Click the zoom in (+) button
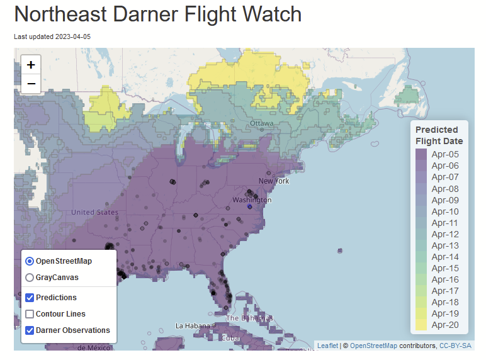[x=31, y=64]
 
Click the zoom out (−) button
[x=31, y=84]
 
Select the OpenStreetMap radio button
[x=30, y=261]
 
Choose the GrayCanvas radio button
[x=30, y=277]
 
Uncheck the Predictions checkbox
[x=30, y=298]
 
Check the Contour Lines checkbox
[x=30, y=314]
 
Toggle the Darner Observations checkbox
[x=30, y=330]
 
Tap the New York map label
[x=274, y=181]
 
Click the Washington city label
[x=252, y=200]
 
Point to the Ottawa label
[x=261, y=123]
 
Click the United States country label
[x=94, y=213]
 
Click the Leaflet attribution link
[x=327, y=346]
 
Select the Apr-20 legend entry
[x=444, y=325]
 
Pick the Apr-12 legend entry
[x=444, y=234]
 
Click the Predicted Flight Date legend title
[x=439, y=135]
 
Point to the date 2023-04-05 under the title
[x=73, y=37]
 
